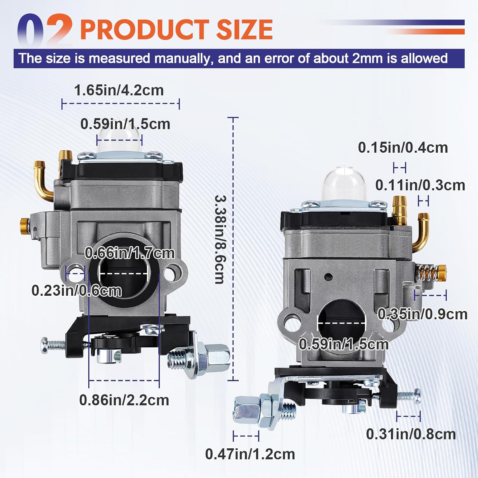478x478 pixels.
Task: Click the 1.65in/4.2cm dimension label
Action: pos(119,90)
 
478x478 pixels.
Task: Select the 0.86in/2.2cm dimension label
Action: pos(124,400)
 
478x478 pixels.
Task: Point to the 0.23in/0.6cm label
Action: pos(76,291)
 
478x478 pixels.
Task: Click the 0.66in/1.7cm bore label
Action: pos(130,253)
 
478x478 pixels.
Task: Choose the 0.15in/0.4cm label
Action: pos(403,148)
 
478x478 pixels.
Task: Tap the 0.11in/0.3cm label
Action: pos(420,185)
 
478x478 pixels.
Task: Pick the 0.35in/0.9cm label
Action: pos(422,314)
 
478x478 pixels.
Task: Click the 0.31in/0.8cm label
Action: pos(411,434)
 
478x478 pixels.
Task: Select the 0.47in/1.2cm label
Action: pos(250,454)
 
